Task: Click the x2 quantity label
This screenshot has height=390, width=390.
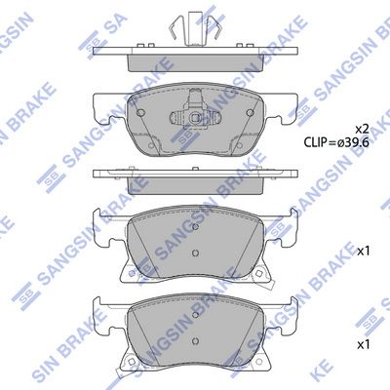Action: click(x=362, y=130)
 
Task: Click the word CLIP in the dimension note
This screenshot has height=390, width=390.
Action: click(x=315, y=142)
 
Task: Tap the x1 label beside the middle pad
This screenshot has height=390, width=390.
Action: click(x=363, y=251)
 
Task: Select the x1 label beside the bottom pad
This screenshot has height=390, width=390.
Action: click(x=363, y=344)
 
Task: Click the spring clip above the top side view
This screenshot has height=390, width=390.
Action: click(x=195, y=27)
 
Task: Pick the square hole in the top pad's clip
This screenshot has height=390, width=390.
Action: click(x=195, y=118)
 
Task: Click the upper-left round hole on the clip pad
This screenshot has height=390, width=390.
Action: click(x=140, y=113)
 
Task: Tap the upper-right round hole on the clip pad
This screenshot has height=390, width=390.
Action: click(x=250, y=113)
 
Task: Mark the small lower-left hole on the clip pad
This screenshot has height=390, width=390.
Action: click(x=150, y=146)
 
